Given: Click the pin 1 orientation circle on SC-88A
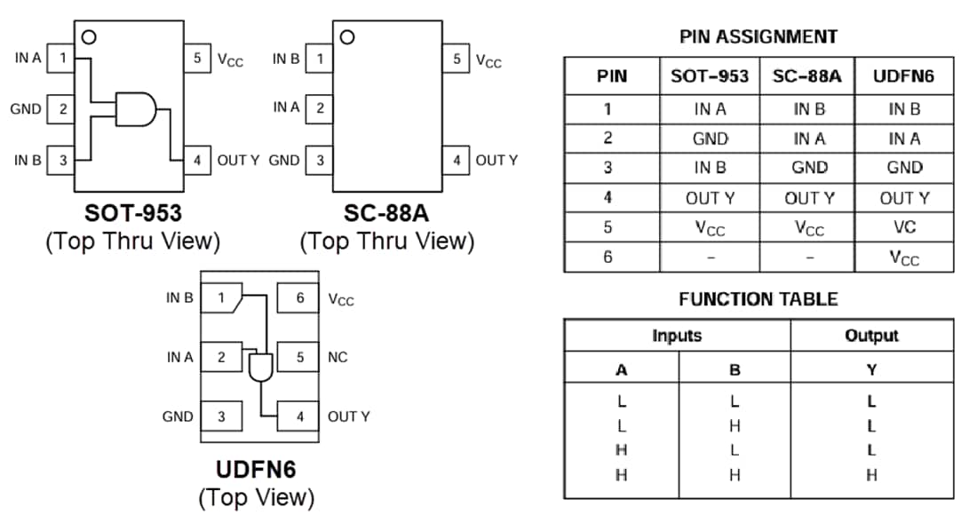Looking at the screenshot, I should pos(347,37).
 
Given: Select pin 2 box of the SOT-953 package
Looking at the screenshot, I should pos(62,110).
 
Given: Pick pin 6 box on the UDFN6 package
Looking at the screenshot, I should pos(299,299).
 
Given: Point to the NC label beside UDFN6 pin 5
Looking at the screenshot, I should pos(338,358).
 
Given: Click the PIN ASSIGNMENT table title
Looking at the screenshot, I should pos(758,36).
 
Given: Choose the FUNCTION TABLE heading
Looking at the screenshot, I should pos(758,299).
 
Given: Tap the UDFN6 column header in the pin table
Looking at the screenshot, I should pos(903,76).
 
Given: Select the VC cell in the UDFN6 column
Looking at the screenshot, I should pos(903,226).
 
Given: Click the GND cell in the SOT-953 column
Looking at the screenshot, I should pos(710,139).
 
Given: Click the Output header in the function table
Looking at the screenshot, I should pos(871,336).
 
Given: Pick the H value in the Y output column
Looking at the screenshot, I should pos(871,475).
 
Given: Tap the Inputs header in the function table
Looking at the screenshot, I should pos(677,336).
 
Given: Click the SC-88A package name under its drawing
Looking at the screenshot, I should pos(387,214).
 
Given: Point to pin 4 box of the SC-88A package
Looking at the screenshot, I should pos(457,161).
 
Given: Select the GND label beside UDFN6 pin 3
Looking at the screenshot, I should pos(178,416).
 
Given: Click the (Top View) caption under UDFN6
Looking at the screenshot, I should pos(256,496).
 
